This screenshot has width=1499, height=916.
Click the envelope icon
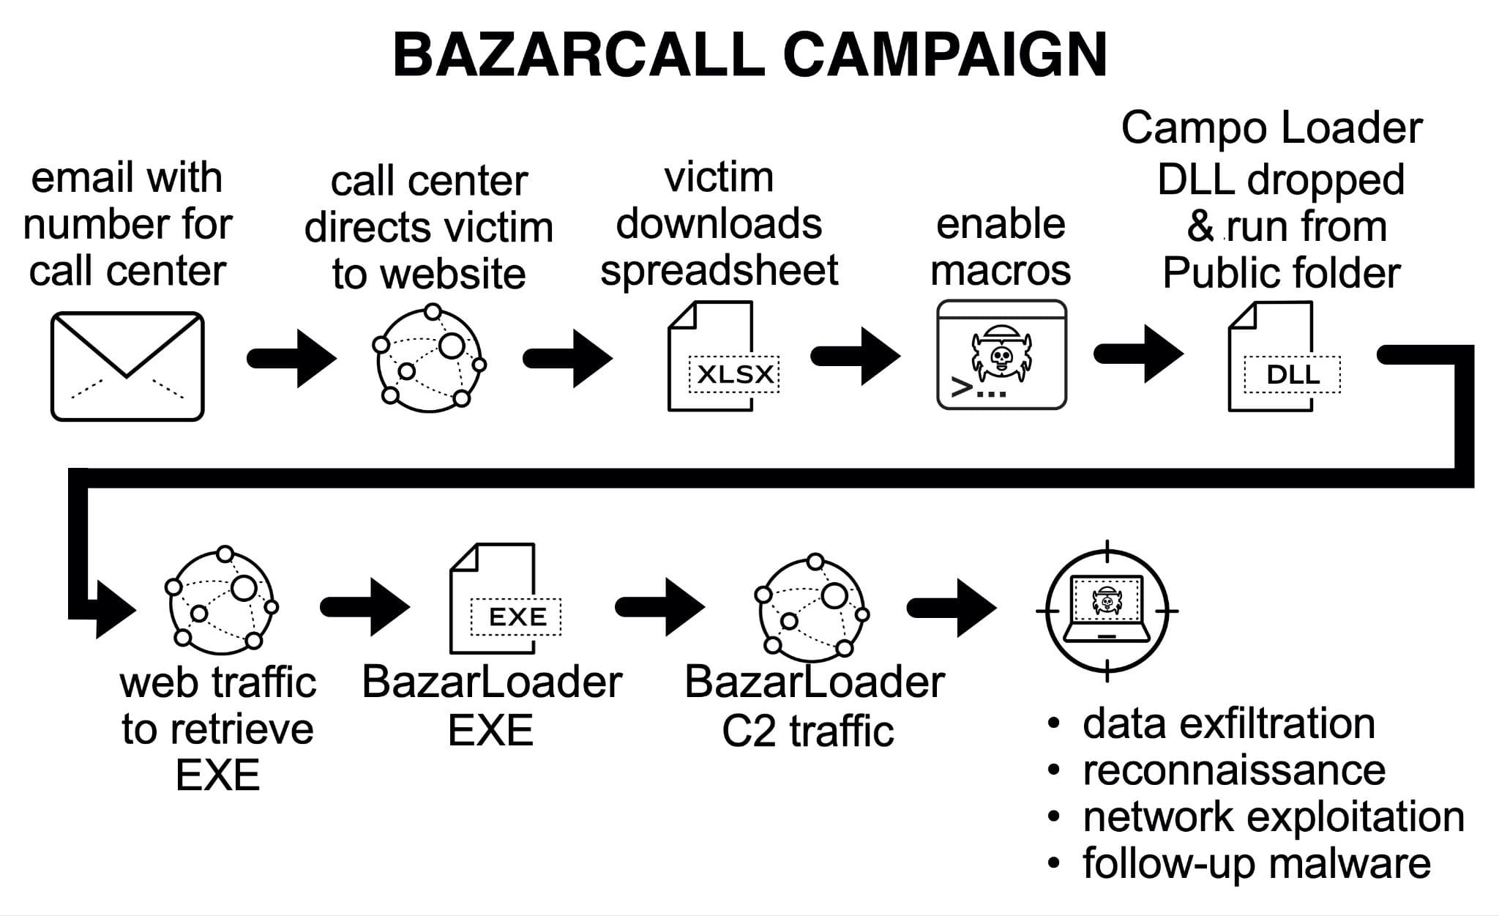(x=127, y=366)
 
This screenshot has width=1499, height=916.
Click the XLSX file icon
(x=721, y=357)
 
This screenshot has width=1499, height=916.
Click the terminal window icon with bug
(x=1001, y=354)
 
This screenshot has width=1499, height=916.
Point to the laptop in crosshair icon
(x=1106, y=610)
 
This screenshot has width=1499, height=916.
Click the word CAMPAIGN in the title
(x=944, y=55)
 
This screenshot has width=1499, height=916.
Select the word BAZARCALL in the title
(x=578, y=55)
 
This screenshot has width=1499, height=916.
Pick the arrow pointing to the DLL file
(x=1138, y=354)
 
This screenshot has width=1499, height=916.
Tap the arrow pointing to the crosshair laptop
(x=952, y=608)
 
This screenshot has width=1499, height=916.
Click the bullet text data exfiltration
(x=1228, y=723)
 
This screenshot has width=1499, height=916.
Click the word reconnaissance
(x=1234, y=770)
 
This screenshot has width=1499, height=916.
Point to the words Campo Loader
(x=1271, y=128)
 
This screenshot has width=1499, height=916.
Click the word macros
(x=1001, y=271)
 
